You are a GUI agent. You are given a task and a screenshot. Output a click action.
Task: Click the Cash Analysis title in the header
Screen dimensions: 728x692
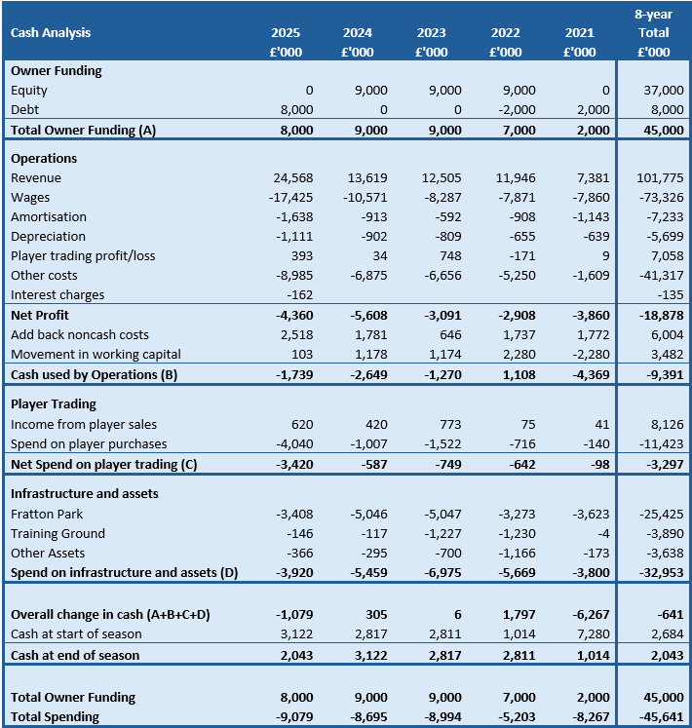pyautogui.click(x=51, y=32)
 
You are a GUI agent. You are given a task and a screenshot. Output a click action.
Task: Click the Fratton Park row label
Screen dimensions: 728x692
pyautogui.click(x=47, y=514)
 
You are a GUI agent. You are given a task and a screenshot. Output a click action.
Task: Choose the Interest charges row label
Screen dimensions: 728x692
pyautogui.click(x=58, y=294)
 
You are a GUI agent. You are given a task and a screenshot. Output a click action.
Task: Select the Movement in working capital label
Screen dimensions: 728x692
pyautogui.click(x=96, y=354)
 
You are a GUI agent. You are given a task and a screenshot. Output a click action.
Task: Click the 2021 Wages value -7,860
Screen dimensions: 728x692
pyautogui.click(x=588, y=197)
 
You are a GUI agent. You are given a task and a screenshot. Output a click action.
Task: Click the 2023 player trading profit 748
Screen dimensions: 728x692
pyautogui.click(x=448, y=255)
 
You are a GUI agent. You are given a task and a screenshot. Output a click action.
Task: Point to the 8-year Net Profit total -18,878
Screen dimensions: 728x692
pyautogui.click(x=658, y=315)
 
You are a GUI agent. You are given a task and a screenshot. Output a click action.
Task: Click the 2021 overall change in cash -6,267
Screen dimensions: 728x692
pyautogui.click(x=588, y=614)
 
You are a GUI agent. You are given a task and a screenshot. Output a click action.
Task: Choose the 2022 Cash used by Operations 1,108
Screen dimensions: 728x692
pyautogui.click(x=518, y=374)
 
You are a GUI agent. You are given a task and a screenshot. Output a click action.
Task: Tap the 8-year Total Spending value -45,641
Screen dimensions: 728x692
pyautogui.click(x=658, y=716)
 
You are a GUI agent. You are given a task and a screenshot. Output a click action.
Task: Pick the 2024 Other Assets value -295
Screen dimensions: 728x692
pyautogui.click(x=371, y=553)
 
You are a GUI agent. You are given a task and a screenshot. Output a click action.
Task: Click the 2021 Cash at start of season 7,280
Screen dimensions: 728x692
pyautogui.click(x=592, y=633)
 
